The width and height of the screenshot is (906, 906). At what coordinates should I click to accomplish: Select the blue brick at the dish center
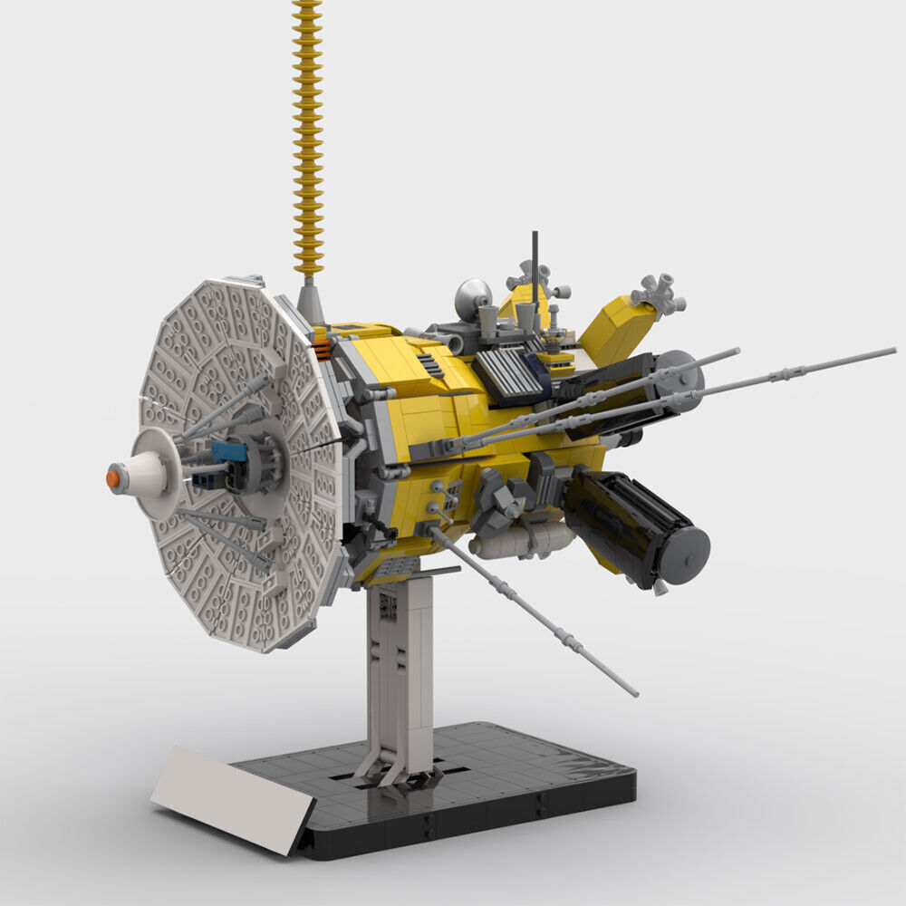[x=228, y=450]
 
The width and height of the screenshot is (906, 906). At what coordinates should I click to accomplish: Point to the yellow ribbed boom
[x=308, y=136]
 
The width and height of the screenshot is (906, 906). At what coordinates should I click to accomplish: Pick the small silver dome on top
[x=473, y=296]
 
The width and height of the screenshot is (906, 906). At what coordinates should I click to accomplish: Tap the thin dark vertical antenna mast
[x=535, y=263]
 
